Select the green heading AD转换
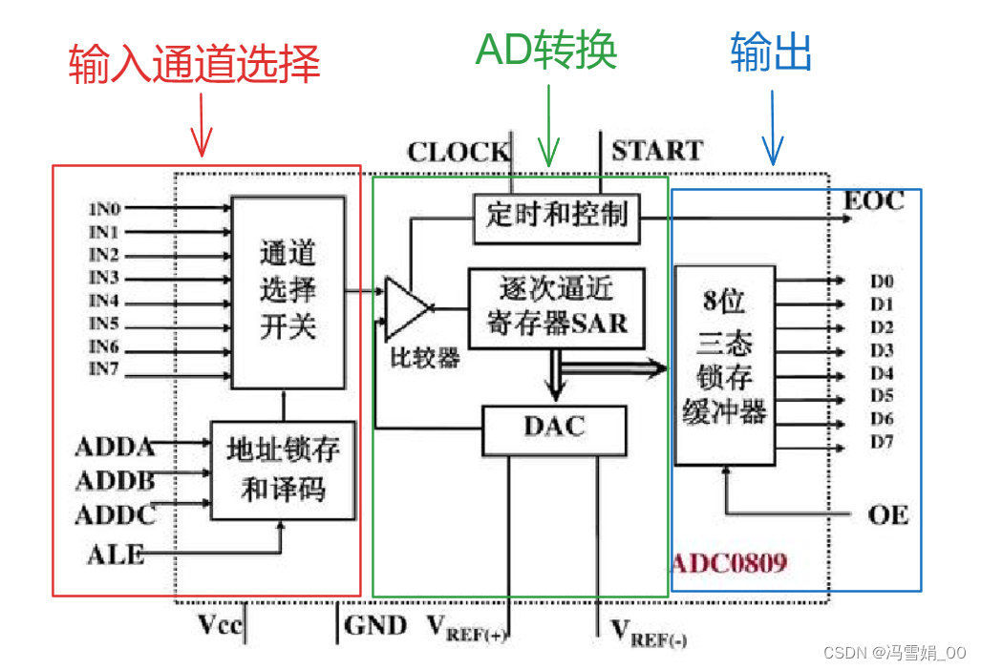coord(546,50)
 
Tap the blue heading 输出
coord(771,52)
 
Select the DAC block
coord(554,428)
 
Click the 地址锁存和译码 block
coord(283,470)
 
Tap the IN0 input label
coord(104,208)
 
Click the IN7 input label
coord(104,369)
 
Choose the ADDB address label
coord(114,480)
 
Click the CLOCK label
coord(458,152)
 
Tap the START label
coord(656,151)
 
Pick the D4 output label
coord(881,373)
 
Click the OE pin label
coord(888,516)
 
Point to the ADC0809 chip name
coord(730,562)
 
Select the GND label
coord(374,626)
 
